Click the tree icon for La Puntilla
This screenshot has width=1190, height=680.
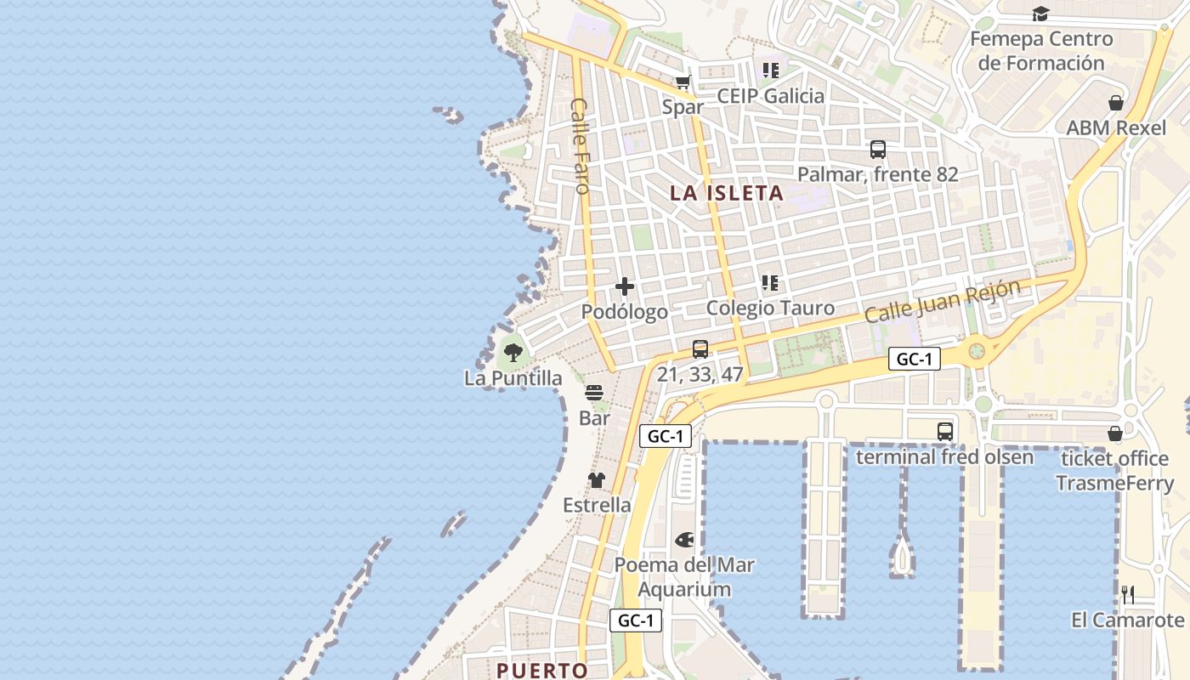pyautogui.click(x=512, y=351)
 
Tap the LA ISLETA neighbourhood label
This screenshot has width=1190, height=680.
pyautogui.click(x=726, y=193)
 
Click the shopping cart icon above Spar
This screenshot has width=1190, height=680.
pyautogui.click(x=683, y=82)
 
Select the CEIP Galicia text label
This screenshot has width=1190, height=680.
pyautogui.click(x=770, y=96)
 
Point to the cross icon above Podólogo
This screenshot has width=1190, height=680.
pyautogui.click(x=625, y=286)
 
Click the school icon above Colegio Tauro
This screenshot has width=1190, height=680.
pyautogui.click(x=770, y=282)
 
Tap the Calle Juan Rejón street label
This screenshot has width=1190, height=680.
pyautogui.click(x=942, y=301)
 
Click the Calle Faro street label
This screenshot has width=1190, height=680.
pyautogui.click(x=581, y=145)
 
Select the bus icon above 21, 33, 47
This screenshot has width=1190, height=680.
pyautogui.click(x=700, y=348)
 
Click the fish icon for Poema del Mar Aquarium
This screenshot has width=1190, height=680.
pyautogui.click(x=684, y=540)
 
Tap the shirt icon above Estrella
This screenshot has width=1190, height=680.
pyautogui.click(x=597, y=480)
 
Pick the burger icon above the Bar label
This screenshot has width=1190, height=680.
pyautogui.click(x=594, y=393)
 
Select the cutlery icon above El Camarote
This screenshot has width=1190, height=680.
pyautogui.click(x=1128, y=594)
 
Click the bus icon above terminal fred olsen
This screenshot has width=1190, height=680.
pyautogui.click(x=944, y=431)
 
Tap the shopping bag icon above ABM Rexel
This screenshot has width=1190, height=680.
pyautogui.click(x=1116, y=103)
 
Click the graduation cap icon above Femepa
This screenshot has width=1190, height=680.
pyautogui.click(x=1040, y=14)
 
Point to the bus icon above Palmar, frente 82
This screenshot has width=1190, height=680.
pyautogui.click(x=878, y=150)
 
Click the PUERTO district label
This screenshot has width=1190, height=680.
pyautogui.click(x=542, y=670)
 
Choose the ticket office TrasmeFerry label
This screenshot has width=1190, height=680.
pyautogui.click(x=1114, y=471)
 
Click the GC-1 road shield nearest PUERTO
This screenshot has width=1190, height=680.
pyautogui.click(x=635, y=620)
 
